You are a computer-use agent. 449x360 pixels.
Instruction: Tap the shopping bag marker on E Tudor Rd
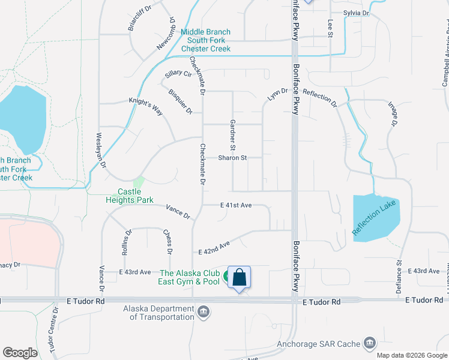[x=239, y=277]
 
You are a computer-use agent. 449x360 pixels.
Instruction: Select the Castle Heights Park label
[x=136, y=196]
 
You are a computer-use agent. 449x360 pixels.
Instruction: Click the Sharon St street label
[x=232, y=158]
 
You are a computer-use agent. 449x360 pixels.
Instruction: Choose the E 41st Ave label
[x=236, y=205]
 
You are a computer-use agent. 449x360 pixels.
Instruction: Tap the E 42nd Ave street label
[x=214, y=248]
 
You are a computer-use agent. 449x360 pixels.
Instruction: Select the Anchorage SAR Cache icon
[x=369, y=344]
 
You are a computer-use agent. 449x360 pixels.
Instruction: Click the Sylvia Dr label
[x=356, y=13]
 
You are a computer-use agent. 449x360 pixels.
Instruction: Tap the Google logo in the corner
[x=20, y=353]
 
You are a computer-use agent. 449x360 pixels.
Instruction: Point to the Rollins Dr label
[x=126, y=243]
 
